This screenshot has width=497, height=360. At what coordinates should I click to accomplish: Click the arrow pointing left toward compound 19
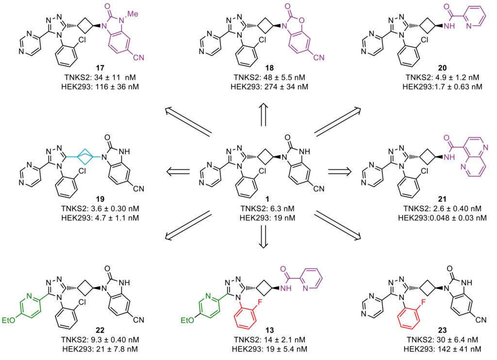[178, 171]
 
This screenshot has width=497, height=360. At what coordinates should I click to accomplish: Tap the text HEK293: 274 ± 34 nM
[265, 87]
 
